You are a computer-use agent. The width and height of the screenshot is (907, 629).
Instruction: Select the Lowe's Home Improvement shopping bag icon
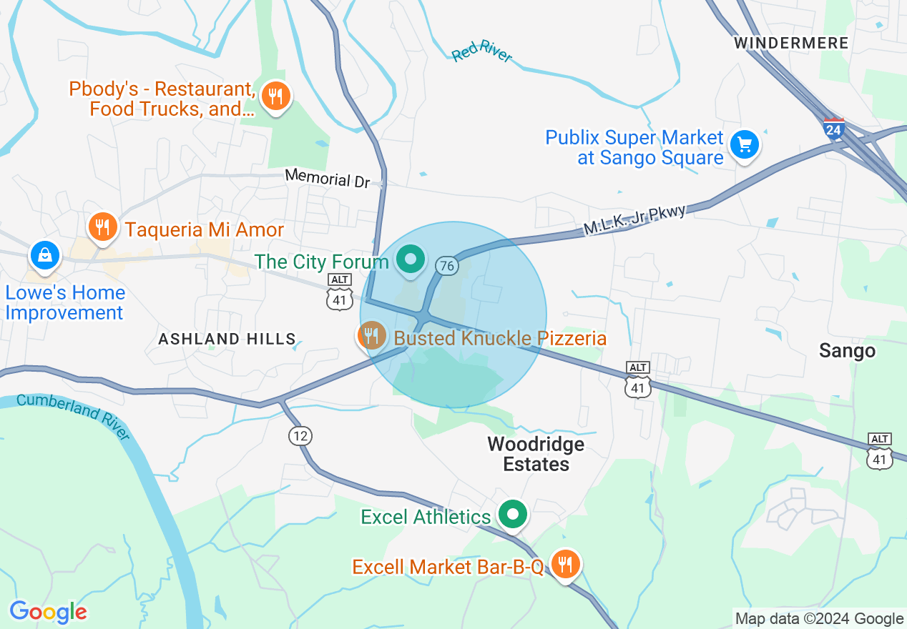coord(45,255)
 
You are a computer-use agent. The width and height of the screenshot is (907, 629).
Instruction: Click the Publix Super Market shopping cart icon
coord(745,145)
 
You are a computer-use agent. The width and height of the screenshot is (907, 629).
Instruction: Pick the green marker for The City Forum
coord(411,259)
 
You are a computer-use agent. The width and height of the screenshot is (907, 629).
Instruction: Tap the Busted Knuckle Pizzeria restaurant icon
coord(371,335)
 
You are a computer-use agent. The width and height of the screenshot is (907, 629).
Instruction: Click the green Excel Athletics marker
coord(512,515)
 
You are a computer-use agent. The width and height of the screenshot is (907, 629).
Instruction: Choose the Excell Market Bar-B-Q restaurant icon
coord(565,565)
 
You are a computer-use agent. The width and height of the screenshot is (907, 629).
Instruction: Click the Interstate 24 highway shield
coord(833,129)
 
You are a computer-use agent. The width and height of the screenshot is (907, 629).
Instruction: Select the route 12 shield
coord(300,435)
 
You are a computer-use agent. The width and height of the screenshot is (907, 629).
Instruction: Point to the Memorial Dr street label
coord(327,178)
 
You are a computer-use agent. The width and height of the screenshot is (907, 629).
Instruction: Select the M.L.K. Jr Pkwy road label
coord(634,219)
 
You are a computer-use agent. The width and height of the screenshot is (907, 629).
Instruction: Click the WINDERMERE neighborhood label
coord(790,43)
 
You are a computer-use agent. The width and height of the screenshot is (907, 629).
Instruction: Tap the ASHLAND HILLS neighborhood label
coord(227,339)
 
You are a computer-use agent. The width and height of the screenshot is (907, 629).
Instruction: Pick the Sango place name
coord(847,350)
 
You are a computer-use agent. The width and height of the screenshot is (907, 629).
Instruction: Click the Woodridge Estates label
coord(536,454)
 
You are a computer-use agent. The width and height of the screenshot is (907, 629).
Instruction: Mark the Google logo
coord(48,612)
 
